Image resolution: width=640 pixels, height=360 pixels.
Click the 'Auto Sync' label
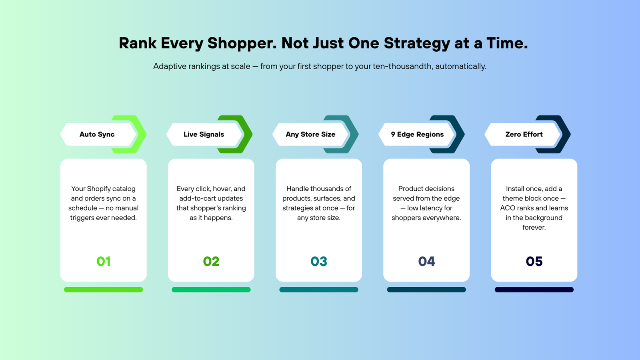pos(97,134)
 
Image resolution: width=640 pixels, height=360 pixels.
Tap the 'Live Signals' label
pos(204,134)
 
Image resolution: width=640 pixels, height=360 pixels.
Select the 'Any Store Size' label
pos(310,134)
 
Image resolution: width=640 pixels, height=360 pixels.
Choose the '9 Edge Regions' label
pos(417,134)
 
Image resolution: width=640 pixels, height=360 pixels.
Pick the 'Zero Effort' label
pos(524,134)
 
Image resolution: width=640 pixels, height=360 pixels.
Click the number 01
pos(104,262)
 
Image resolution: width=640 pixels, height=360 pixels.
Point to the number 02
pos(211,262)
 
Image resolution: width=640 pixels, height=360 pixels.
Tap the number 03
pos(319,262)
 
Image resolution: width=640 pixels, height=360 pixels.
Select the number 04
pos(426,262)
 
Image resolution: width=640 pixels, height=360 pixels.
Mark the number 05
pos(534,262)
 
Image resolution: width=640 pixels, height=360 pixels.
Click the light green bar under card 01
pos(104,290)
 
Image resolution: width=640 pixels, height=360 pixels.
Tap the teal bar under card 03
pos(319,290)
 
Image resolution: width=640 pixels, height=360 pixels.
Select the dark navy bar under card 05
pos(534,290)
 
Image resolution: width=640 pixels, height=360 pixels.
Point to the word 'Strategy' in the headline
pos(417,44)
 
